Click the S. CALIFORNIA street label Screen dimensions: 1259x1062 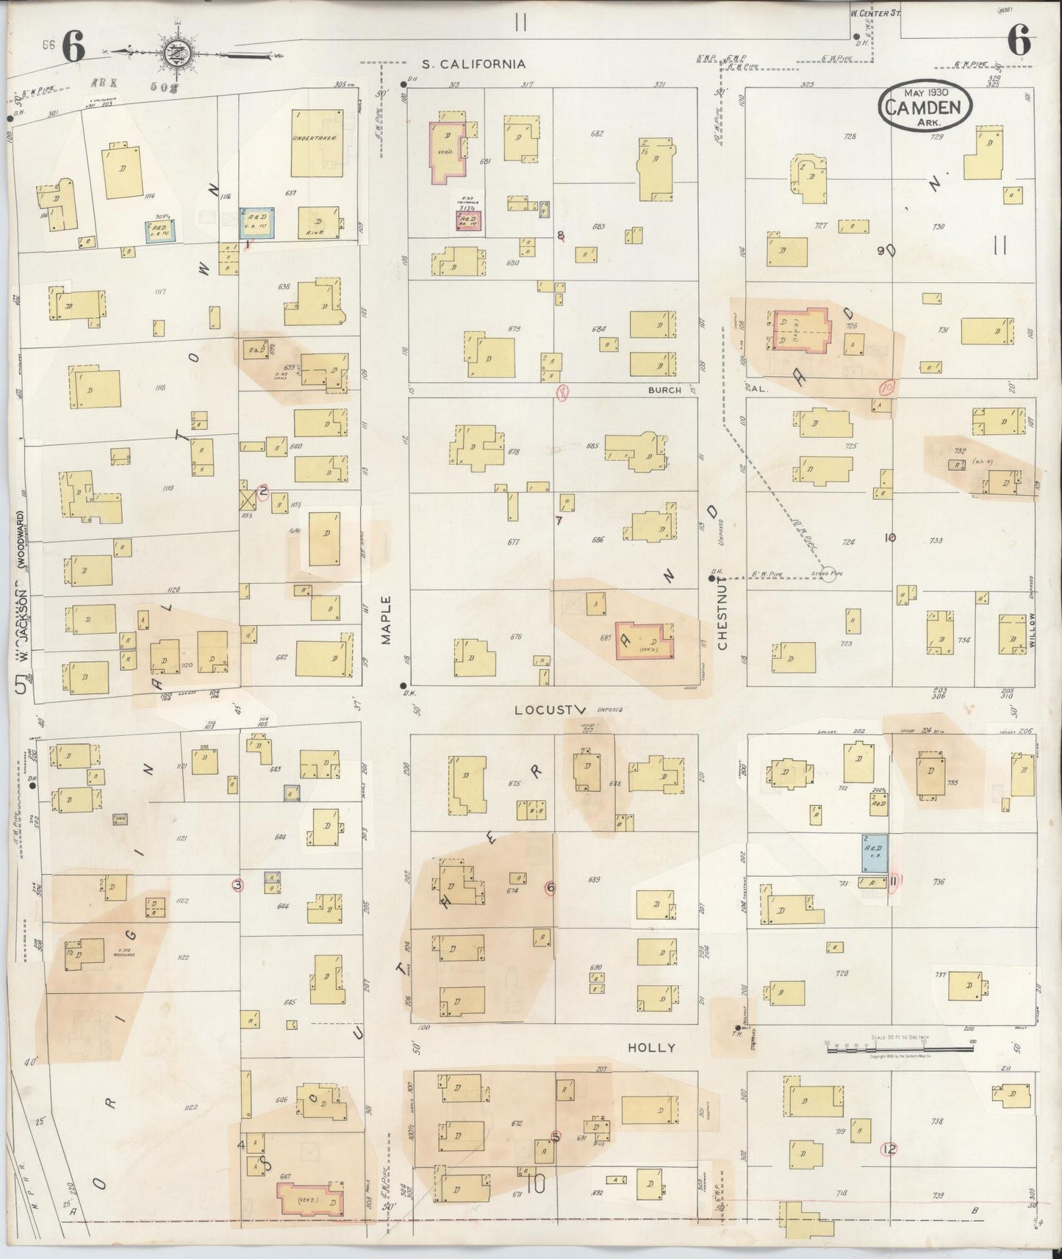473,64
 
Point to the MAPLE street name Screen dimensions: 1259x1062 387,620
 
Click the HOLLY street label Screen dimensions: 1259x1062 650,1047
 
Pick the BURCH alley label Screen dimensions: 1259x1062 664,390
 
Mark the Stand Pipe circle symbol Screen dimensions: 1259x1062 828,577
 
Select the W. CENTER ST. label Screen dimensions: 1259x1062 876,12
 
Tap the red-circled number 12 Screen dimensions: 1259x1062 891,1150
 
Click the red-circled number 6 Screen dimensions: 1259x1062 550,887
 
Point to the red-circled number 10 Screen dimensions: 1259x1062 886,386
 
